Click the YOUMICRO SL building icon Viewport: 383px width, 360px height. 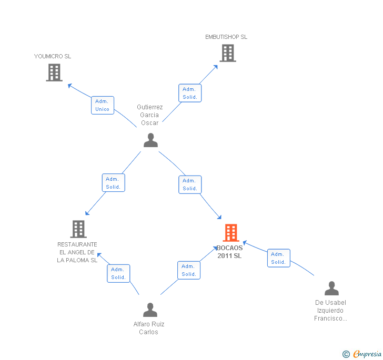click(x=54, y=73)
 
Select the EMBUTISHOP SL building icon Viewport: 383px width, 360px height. click(x=227, y=53)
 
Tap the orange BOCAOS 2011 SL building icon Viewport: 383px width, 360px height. click(x=230, y=233)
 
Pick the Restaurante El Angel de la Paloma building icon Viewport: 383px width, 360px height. click(x=78, y=229)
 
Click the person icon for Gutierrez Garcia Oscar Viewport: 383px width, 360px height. click(x=150, y=140)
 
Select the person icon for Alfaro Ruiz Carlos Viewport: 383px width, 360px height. click(x=150, y=310)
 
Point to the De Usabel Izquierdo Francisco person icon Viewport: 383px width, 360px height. click(x=331, y=289)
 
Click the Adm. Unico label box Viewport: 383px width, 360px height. click(x=102, y=105)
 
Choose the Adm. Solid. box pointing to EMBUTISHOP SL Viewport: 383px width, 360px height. click(x=189, y=93)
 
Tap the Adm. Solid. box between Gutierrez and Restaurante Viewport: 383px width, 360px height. click(x=113, y=183)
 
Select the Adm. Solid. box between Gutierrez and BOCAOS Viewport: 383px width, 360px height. click(x=190, y=184)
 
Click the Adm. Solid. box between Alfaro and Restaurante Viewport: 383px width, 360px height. click(x=118, y=273)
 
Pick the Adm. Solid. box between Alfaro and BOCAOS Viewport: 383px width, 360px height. click(x=189, y=270)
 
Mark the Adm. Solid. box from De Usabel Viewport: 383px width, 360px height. click(x=278, y=258)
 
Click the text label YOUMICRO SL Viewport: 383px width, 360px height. click(x=53, y=56)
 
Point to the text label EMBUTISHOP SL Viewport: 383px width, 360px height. click(x=226, y=37)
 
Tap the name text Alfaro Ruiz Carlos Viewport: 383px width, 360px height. click(x=149, y=328)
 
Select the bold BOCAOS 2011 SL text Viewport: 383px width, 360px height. click(x=229, y=252)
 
